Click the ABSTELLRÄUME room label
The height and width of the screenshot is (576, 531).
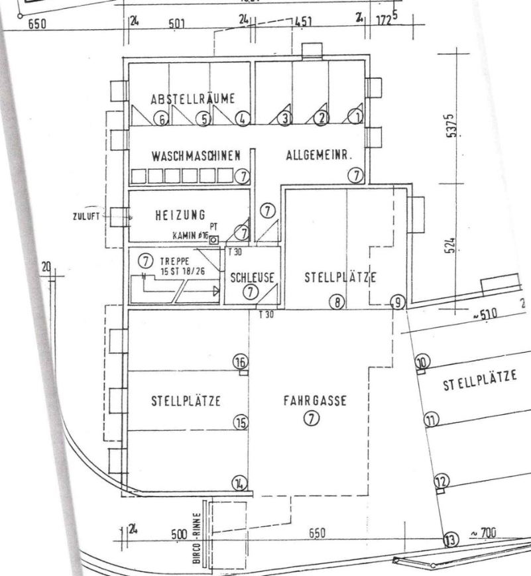tap(193, 99)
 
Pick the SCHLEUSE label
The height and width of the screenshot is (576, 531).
tap(247, 277)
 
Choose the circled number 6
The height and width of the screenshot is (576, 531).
tap(160, 119)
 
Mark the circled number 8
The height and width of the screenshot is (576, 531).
tap(337, 302)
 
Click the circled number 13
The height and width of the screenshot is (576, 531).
tap(451, 540)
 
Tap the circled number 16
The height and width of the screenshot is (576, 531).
tap(240, 361)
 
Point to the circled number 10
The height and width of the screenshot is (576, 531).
tap(423, 361)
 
